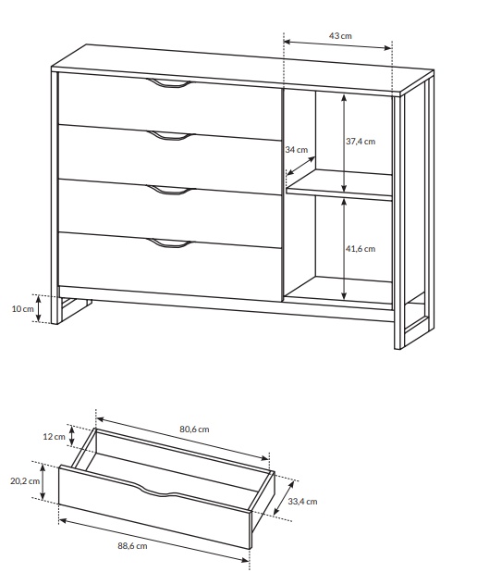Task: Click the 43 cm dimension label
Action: pyautogui.click(x=340, y=36)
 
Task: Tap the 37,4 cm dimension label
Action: pyautogui.click(x=361, y=142)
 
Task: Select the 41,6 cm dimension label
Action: pyautogui.click(x=361, y=249)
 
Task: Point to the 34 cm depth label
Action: pyautogui.click(x=297, y=150)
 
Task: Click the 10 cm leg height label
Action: pyautogui.click(x=23, y=309)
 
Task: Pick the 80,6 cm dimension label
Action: pyautogui.click(x=194, y=429)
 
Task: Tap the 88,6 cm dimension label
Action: pyautogui.click(x=133, y=546)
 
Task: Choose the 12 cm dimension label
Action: pyautogui.click(x=54, y=437)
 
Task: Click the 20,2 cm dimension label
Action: pyautogui.click(x=25, y=481)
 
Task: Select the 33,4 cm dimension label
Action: pyautogui.click(x=302, y=502)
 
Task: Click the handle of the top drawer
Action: pyautogui.click(x=167, y=84)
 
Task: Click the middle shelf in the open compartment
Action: pyautogui.click(x=339, y=185)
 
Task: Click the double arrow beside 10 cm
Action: pyautogui.click(x=38, y=308)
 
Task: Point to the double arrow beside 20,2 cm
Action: pyautogui.click(x=43, y=481)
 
